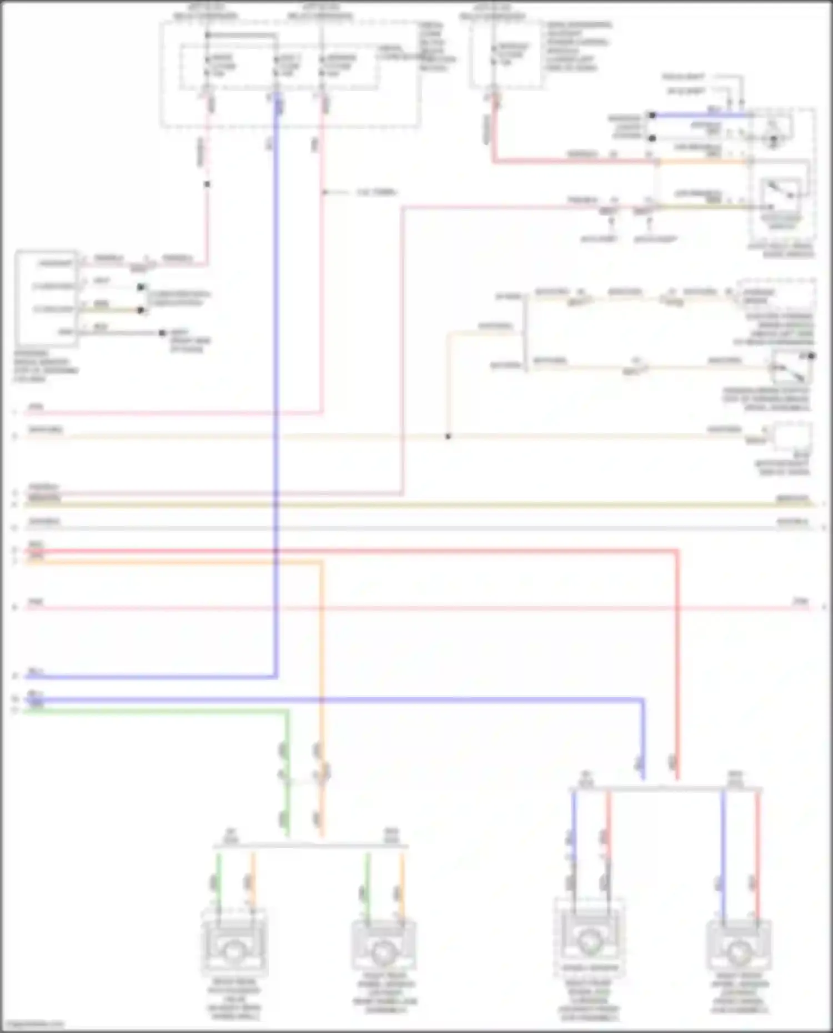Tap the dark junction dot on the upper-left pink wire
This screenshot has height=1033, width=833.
click(x=207, y=184)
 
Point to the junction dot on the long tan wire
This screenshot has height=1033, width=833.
click(x=448, y=436)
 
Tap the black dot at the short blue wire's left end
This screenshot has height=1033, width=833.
click(x=653, y=115)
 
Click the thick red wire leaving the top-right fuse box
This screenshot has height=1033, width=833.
click(x=493, y=133)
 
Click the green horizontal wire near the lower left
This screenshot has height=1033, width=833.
click(x=155, y=710)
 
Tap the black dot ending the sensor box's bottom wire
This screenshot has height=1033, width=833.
click(x=162, y=333)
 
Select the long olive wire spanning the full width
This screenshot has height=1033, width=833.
click(x=416, y=505)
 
